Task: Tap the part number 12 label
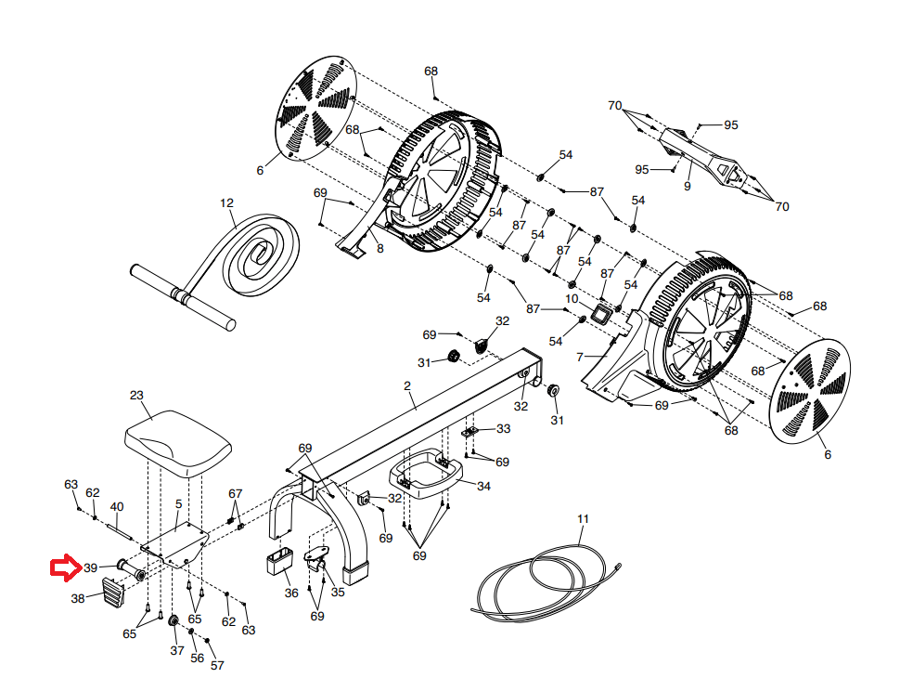pyautogui.click(x=226, y=202)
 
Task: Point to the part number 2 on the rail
pyautogui.click(x=407, y=386)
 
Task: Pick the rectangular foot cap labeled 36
pyautogui.click(x=279, y=561)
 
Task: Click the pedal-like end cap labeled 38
pyautogui.click(x=113, y=593)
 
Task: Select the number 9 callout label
pyautogui.click(x=687, y=186)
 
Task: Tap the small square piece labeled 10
pyautogui.click(x=602, y=315)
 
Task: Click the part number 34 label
pyautogui.click(x=483, y=486)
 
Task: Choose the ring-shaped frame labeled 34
pyautogui.click(x=426, y=474)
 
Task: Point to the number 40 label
pyautogui.click(x=117, y=506)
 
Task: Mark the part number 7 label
pyautogui.click(x=580, y=358)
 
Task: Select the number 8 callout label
pyautogui.click(x=380, y=249)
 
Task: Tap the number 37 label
pyautogui.click(x=177, y=650)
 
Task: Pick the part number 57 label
pyautogui.click(x=217, y=665)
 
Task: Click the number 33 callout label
pyautogui.click(x=504, y=428)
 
